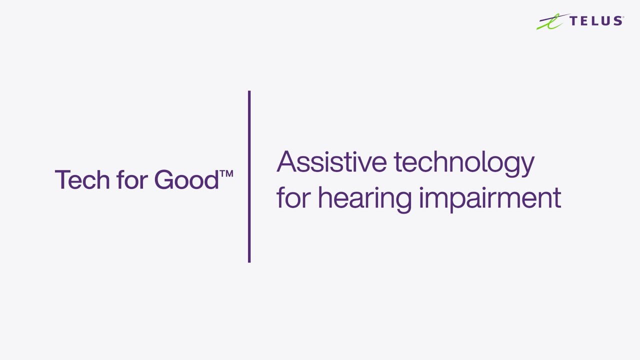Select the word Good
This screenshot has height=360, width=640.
tap(186, 179)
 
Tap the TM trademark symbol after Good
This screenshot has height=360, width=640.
tap(226, 174)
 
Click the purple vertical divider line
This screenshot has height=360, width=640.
tap(249, 176)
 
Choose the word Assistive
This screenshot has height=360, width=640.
tap(331, 162)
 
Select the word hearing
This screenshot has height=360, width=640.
tap(364, 199)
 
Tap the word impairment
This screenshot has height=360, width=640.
tap(490, 198)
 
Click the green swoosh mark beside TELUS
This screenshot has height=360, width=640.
tap(551, 22)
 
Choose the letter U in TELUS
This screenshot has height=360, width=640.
tap(605, 20)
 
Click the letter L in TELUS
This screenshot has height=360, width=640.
tap(595, 20)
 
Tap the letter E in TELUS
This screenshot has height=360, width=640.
tap(584, 20)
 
